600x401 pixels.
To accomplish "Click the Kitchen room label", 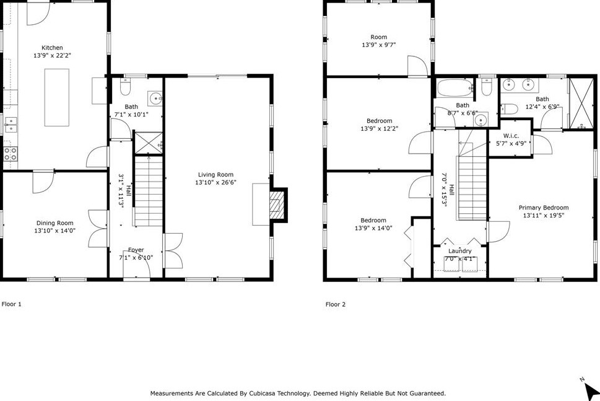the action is [x=52, y=48].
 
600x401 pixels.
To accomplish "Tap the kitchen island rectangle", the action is [x=56, y=97].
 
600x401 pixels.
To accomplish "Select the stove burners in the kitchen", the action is [x=10, y=154].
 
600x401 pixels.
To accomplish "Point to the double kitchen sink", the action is [x=11, y=125].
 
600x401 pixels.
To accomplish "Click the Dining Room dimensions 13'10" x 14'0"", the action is [x=54, y=231].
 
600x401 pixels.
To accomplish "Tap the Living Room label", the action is [x=215, y=175].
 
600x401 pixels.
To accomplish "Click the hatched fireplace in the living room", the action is [x=276, y=205].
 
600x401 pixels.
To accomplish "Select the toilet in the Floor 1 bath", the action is [x=125, y=87].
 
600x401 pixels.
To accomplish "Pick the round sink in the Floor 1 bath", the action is [x=156, y=99].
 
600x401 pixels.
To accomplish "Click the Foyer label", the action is [x=136, y=250].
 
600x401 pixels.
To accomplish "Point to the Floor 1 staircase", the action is [x=149, y=190].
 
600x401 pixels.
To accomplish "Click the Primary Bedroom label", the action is [x=544, y=208].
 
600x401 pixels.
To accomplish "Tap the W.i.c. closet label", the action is [x=511, y=136].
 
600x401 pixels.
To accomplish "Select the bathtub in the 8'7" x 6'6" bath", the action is [x=454, y=88].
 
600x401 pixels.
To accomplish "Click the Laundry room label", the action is [x=459, y=251].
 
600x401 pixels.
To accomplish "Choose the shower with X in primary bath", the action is [x=581, y=104].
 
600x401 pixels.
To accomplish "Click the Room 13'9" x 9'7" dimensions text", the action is [x=379, y=45].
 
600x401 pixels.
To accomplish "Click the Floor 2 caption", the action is [x=336, y=304].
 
